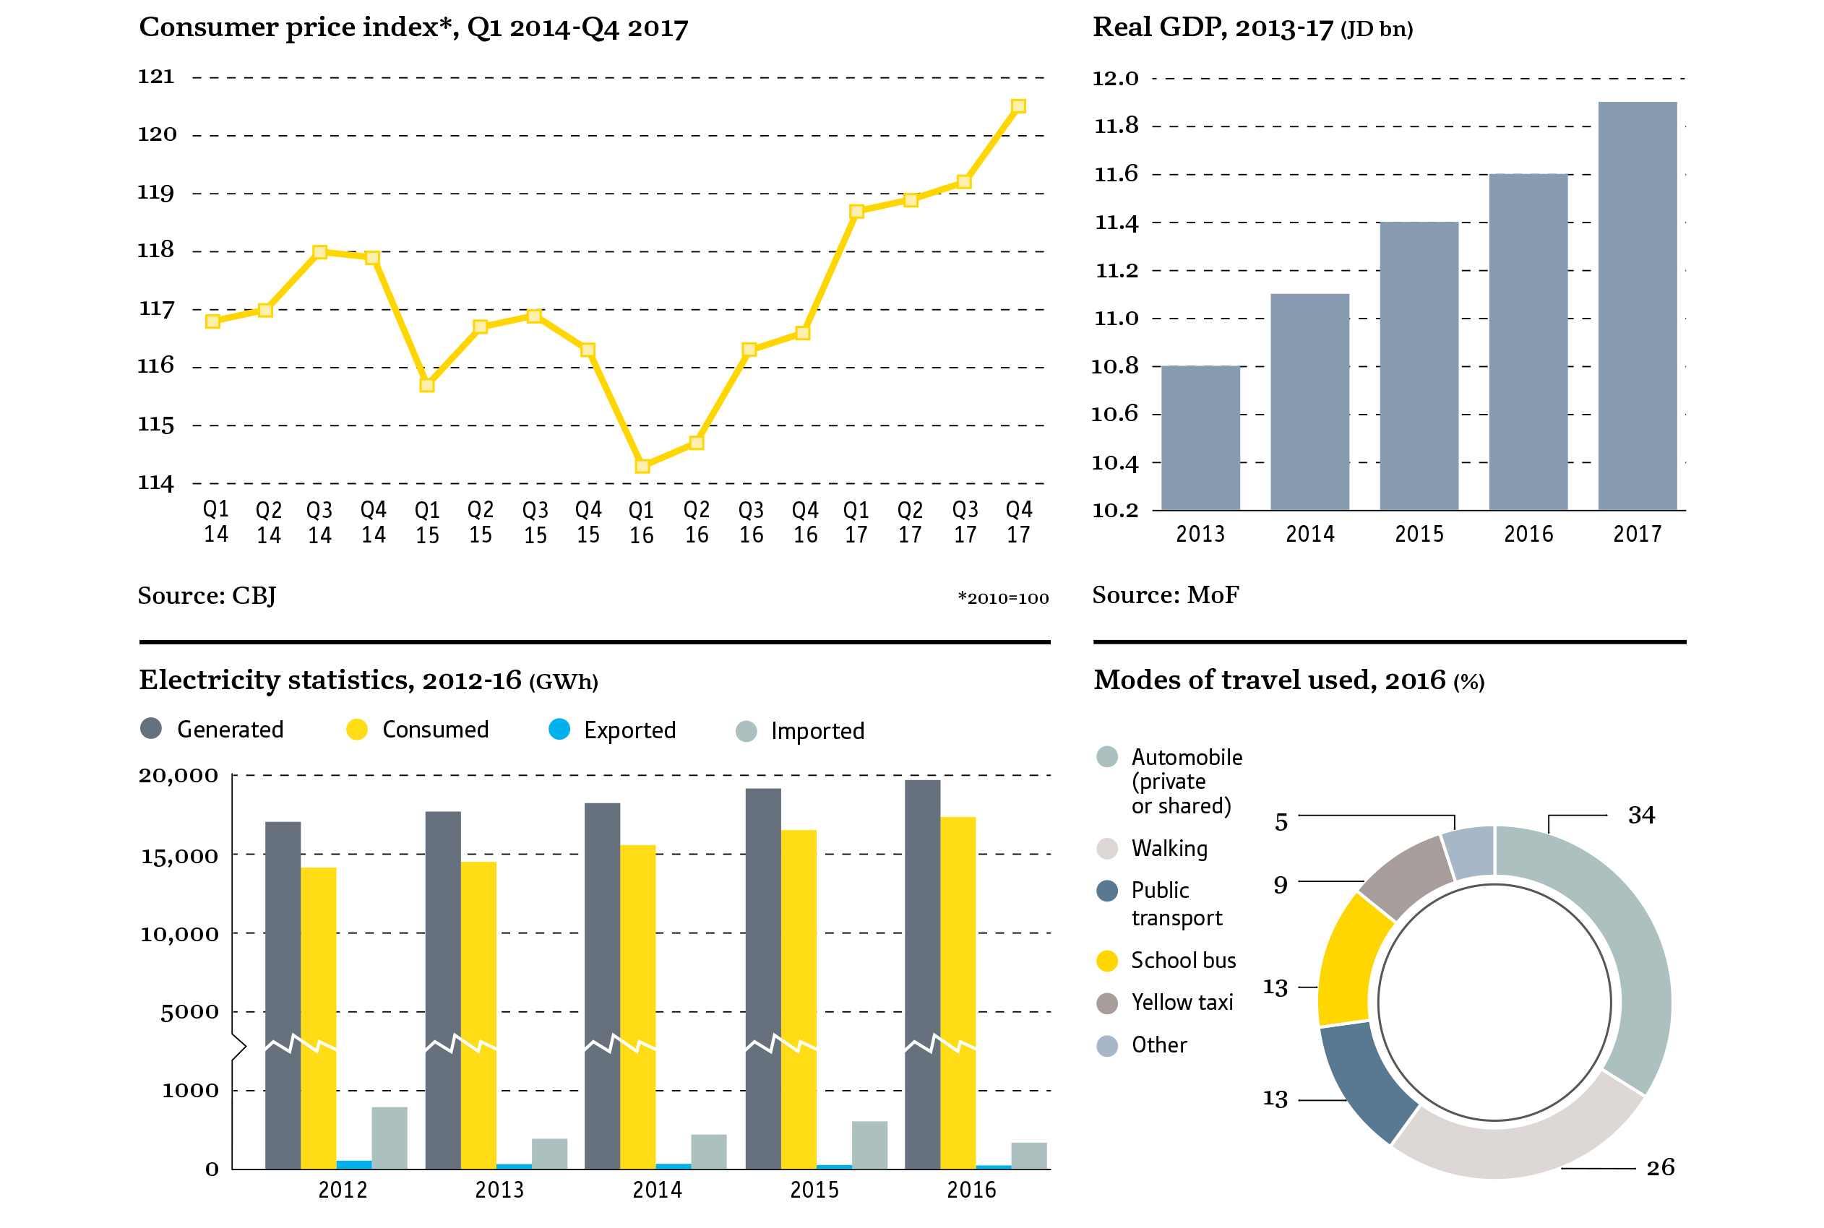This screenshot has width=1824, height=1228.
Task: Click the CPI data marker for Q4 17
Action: [1018, 106]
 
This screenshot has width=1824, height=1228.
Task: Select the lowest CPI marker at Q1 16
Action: [642, 466]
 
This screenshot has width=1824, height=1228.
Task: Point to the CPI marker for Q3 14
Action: [319, 252]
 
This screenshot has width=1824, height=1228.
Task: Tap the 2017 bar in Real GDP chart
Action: [1637, 306]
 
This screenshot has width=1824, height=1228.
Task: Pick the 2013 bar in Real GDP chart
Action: [1200, 438]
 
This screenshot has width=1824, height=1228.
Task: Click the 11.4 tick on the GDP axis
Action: [1116, 223]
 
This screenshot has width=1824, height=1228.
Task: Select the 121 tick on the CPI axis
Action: [156, 77]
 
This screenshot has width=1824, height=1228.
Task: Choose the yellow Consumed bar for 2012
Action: [318, 1018]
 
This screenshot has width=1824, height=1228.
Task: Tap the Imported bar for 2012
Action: [390, 1137]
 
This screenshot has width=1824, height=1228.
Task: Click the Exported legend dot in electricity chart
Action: [559, 729]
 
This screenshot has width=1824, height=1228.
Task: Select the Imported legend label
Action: [817, 731]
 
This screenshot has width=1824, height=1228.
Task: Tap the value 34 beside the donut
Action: [1641, 816]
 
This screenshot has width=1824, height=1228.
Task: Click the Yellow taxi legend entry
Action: [1182, 1003]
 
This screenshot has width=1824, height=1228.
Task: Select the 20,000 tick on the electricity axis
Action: [178, 776]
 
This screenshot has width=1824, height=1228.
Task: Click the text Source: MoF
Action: [1165, 595]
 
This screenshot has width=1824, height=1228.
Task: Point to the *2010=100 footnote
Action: [1003, 598]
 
